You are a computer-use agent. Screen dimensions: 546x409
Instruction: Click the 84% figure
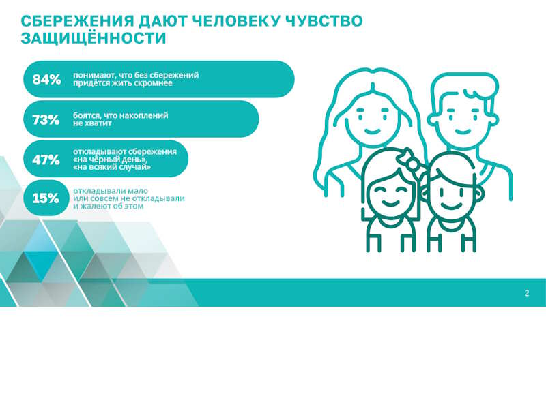pyautogui.click(x=46, y=80)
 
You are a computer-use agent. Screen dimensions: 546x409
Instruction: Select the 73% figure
pyautogui.click(x=46, y=120)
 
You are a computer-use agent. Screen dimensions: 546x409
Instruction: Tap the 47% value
pyautogui.click(x=46, y=160)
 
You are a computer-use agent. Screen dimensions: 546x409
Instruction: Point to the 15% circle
pyautogui.click(x=46, y=198)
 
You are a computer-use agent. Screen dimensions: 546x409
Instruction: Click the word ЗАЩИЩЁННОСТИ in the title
pyautogui.click(x=94, y=38)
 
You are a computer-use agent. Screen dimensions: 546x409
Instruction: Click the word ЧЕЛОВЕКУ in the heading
pyautogui.click(x=236, y=21)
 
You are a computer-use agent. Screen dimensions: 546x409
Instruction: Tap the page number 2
pyautogui.click(x=527, y=293)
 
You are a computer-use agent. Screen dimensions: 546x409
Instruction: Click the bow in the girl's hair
pyautogui.click(x=411, y=160)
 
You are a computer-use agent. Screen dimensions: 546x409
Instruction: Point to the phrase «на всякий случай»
pyautogui.click(x=111, y=167)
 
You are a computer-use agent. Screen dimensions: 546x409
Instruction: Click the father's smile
pyautogui.click(x=463, y=132)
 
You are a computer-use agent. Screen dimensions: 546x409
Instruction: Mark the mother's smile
pyautogui.click(x=372, y=131)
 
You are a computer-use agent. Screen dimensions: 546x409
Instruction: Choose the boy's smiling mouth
pyautogui.click(x=451, y=206)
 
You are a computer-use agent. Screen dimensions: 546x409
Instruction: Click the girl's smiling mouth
pyautogui.click(x=390, y=202)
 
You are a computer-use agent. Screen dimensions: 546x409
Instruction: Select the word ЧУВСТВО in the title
pyautogui.click(x=324, y=21)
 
